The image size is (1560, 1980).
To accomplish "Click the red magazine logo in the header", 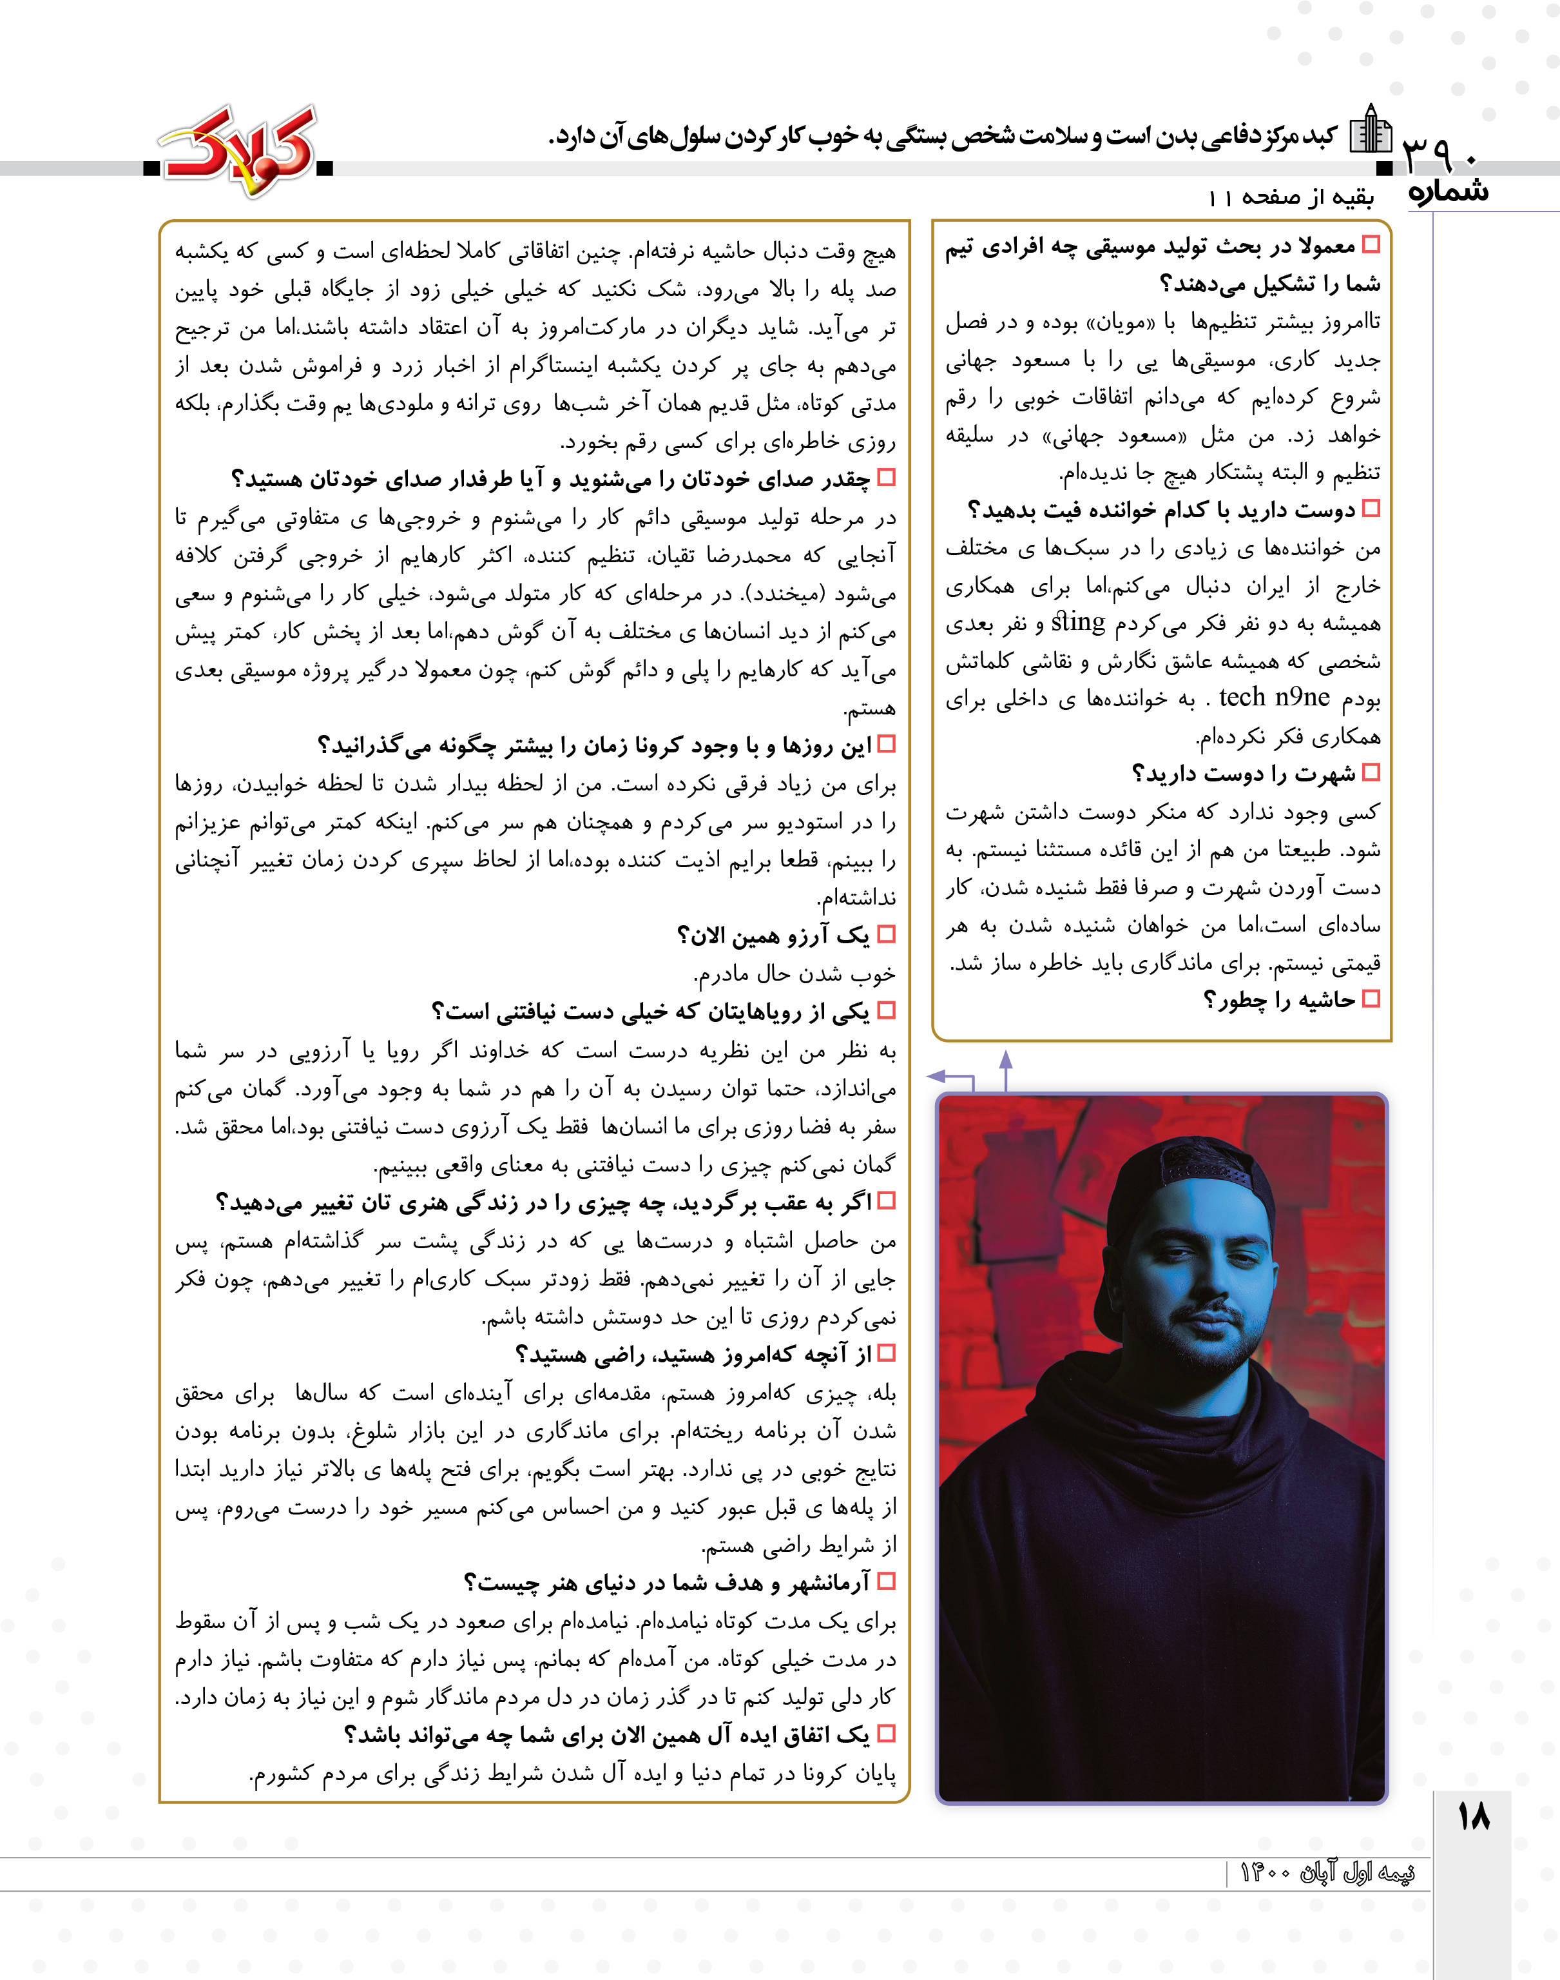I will tap(239, 148).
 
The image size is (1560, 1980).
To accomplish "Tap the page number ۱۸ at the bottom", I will tap(1473, 1816).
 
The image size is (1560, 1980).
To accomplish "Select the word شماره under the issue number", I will tap(1448, 192).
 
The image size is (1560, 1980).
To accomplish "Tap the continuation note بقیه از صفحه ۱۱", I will tap(1291, 197).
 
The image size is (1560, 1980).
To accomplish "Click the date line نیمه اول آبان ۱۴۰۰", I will tap(1327, 1872).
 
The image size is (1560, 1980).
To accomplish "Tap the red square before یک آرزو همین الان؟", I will tap(885, 935).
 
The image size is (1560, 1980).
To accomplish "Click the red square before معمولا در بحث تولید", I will tap(1370, 245).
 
